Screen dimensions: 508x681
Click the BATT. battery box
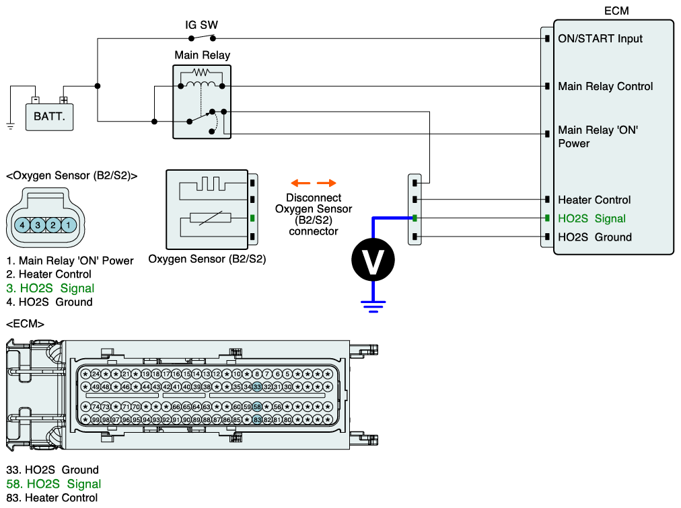click(49, 116)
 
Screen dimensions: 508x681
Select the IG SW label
click(201, 26)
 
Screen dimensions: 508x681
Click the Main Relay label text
click(202, 55)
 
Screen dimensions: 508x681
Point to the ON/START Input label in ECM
click(600, 39)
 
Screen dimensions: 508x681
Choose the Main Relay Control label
click(605, 87)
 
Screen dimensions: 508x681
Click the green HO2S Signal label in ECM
click(592, 218)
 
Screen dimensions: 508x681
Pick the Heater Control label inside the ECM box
click(594, 200)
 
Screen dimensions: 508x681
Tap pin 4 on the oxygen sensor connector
click(23, 224)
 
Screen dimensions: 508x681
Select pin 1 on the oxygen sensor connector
click(69, 224)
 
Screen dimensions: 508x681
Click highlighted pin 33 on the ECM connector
click(257, 386)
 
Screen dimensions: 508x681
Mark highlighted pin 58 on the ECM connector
click(257, 407)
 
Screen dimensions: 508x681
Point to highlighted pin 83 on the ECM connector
click(257, 419)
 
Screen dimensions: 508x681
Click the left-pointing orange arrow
click(299, 183)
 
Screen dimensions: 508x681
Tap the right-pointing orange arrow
click(326, 183)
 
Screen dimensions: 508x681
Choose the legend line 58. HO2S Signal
click(53, 484)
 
